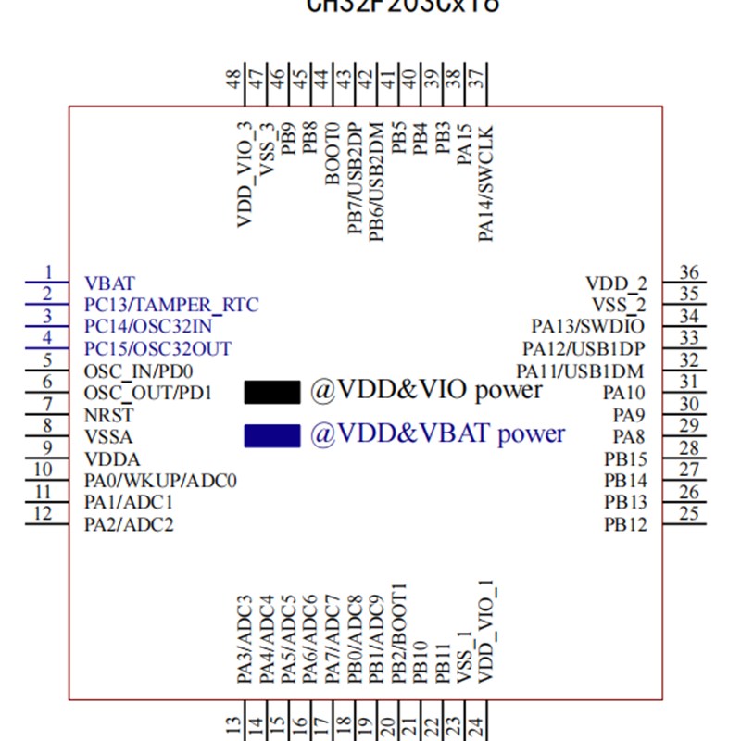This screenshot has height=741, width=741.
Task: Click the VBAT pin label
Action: [x=109, y=283]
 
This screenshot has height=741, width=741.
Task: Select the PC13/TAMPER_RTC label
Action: [x=171, y=305]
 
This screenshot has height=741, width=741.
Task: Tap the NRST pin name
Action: [x=108, y=415]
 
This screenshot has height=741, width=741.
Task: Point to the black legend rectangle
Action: [x=272, y=392]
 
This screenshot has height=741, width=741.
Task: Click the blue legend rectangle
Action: [x=272, y=435]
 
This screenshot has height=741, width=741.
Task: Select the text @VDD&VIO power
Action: [x=426, y=390]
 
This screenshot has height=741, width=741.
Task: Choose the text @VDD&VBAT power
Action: [x=437, y=433]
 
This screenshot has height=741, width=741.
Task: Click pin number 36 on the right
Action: [x=688, y=272]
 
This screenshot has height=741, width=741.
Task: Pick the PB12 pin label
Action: [x=626, y=525]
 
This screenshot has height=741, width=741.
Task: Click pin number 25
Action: [x=688, y=514]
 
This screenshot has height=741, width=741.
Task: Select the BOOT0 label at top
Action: [x=333, y=152]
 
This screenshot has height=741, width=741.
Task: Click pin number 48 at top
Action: [x=234, y=82]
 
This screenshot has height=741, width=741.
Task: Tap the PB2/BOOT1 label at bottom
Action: [x=399, y=634]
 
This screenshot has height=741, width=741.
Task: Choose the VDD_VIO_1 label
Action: [x=485, y=634]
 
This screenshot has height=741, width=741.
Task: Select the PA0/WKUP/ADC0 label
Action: [x=161, y=481]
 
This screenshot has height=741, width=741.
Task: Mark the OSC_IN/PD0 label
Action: [x=139, y=371]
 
